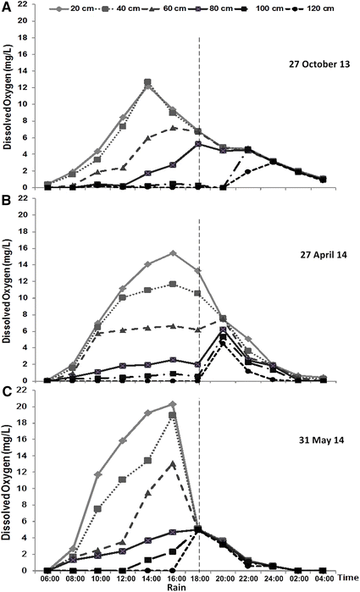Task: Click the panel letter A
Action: click(x=6, y=6)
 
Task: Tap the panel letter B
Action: click(x=6, y=201)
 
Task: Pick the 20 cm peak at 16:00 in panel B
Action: click(x=173, y=253)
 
